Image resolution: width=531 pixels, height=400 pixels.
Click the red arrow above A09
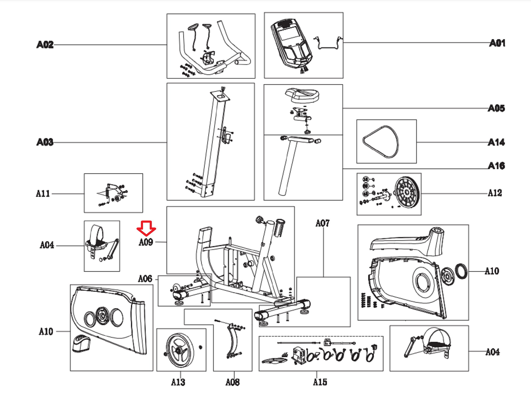coord(146,228)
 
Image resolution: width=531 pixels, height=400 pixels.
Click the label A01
coord(497,43)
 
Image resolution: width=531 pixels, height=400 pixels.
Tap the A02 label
coord(45,45)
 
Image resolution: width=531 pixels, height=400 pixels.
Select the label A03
coord(45,142)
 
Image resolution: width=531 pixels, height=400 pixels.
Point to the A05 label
coord(496,108)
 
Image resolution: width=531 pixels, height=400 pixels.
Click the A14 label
coord(496,142)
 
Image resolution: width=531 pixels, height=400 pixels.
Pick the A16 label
coord(496,166)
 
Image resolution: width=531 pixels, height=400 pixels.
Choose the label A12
coord(495,193)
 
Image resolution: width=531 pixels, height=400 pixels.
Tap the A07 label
coord(323,223)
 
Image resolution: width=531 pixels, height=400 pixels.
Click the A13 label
coord(178,382)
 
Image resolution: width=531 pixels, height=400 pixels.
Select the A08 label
coord(232,382)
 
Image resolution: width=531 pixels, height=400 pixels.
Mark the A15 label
coord(320,382)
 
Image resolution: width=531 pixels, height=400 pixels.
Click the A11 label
coord(43,193)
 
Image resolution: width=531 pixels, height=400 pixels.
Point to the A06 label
coord(145,279)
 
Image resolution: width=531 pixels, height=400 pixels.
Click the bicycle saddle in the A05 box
coord(302,95)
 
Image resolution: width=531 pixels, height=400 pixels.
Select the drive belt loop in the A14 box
coord(381,142)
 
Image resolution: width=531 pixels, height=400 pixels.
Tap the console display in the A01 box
coord(288,35)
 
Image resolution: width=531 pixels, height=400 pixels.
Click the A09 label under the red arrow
coord(146,242)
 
